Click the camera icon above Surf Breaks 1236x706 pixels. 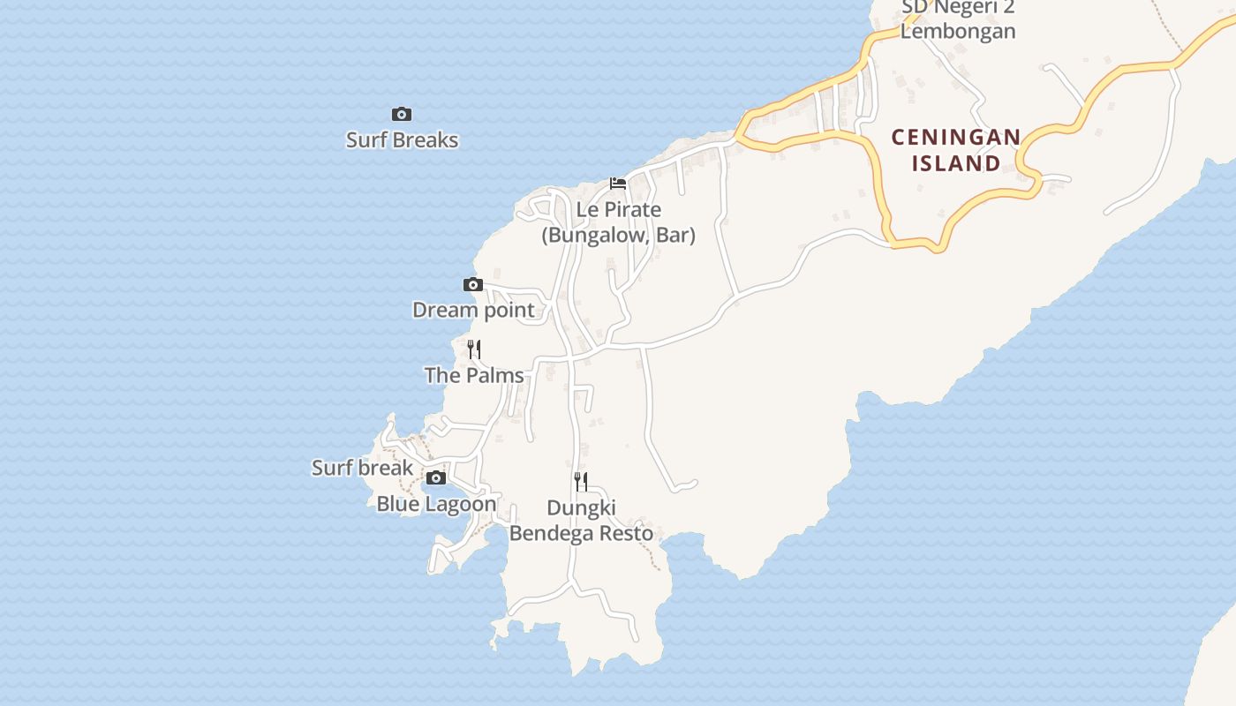tap(402, 114)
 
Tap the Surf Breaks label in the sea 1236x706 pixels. tap(402, 139)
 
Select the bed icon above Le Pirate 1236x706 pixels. tap(618, 184)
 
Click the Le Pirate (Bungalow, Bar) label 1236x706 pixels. tap(618, 222)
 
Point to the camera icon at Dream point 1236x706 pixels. tap(473, 284)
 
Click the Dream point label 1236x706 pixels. tap(473, 310)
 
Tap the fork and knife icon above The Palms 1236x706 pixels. tap(474, 349)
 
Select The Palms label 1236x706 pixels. tap(474, 375)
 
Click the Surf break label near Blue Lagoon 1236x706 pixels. tap(362, 468)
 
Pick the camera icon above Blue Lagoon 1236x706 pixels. tap(436, 478)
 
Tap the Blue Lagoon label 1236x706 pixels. tap(436, 504)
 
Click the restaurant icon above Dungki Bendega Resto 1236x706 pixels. tap(581, 481)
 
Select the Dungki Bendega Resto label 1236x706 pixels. tap(582, 521)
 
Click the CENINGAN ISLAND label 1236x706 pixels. tap(956, 150)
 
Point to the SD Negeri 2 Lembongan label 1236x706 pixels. tap(958, 19)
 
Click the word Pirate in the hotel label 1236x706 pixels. tap(630, 210)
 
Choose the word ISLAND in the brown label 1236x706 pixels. tap(956, 163)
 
